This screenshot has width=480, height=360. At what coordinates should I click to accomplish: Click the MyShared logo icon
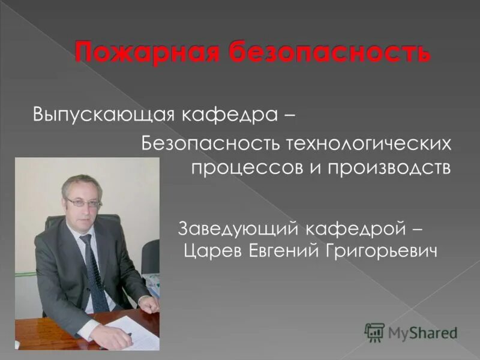point(374,332)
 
